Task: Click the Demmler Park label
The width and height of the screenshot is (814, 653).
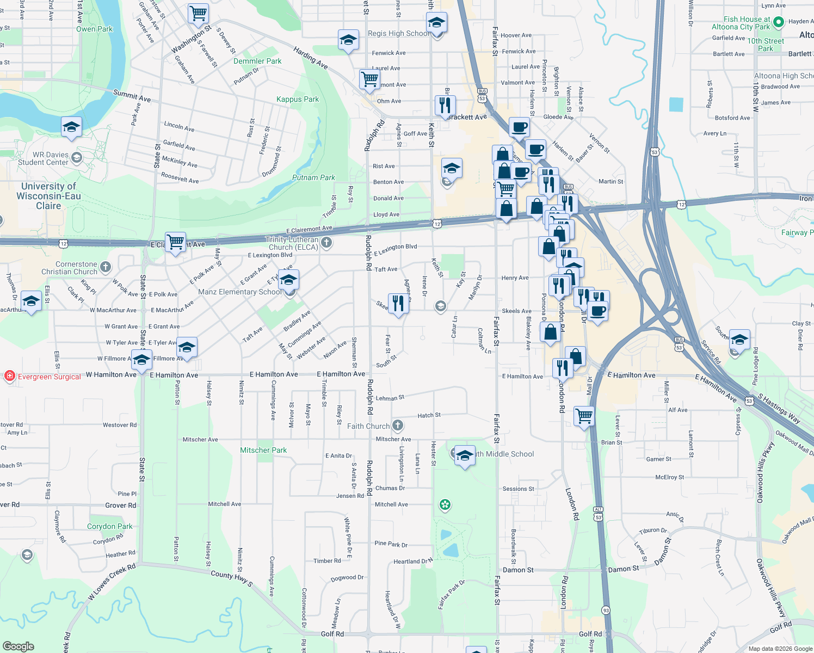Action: (x=257, y=61)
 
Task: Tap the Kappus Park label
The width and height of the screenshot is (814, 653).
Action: (x=298, y=99)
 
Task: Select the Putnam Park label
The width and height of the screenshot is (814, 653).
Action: (x=313, y=177)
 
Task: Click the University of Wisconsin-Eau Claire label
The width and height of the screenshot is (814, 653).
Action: (x=48, y=196)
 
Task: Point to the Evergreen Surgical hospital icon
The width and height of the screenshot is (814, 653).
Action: (x=9, y=376)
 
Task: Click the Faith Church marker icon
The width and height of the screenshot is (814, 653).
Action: (x=398, y=426)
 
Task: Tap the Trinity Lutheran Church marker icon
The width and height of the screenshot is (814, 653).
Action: (x=326, y=243)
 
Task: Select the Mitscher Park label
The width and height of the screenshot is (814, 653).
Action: (x=263, y=450)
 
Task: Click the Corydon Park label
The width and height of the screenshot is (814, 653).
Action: (x=109, y=526)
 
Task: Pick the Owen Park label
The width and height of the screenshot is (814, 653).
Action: (x=94, y=29)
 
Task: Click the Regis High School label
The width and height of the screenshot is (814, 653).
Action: (x=398, y=33)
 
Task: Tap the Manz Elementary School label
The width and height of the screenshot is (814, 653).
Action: (x=239, y=292)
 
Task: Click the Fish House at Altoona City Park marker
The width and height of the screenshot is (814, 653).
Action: (x=779, y=22)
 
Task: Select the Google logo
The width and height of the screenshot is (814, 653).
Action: (x=18, y=646)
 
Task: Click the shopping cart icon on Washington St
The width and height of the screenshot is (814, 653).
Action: (x=198, y=13)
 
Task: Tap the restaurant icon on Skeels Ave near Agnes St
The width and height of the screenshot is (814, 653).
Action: (x=398, y=303)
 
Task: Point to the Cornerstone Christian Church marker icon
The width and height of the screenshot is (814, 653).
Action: (x=106, y=267)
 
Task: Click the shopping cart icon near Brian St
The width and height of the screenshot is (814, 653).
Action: (x=584, y=416)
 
